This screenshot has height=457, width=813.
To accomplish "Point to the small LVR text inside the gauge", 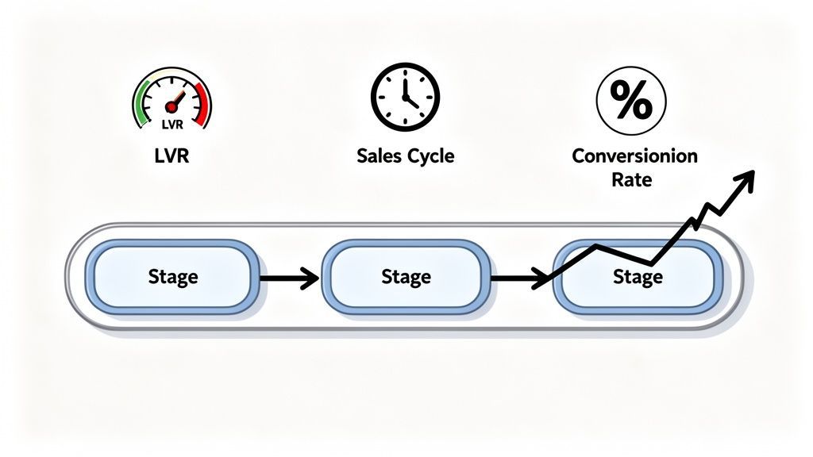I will pos(171,124).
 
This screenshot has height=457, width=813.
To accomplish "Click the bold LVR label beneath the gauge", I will pos(172,156).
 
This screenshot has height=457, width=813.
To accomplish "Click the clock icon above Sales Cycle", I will pos(405,98).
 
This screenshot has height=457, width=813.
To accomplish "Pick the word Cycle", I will pos(430,156).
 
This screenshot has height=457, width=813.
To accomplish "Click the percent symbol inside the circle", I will pos(631,101).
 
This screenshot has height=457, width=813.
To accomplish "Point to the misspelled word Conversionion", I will pos(634,155).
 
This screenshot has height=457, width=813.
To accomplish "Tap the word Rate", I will pos(632,180).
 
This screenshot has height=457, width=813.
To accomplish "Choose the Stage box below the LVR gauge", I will pos(172,277).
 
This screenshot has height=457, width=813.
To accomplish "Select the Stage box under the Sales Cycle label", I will pos(406,277).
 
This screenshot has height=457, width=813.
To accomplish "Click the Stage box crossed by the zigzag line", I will pos(638,277).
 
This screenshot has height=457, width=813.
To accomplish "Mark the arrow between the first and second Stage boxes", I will pos(289,278).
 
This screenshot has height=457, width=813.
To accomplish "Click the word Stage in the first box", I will pos(172,277).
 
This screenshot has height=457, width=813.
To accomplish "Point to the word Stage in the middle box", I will pos(406,277).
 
